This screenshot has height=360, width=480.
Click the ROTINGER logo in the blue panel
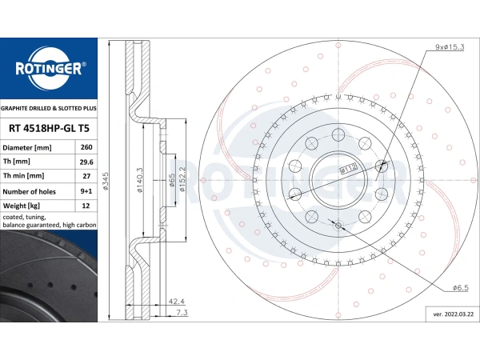pos(49,69)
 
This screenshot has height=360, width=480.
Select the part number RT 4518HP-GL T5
pos(49,128)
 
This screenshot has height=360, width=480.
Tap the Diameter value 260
pos(86,147)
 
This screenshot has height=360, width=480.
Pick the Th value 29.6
pos(86,162)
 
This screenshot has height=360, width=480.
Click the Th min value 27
pos(86,176)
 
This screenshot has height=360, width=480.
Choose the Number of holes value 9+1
pos(86,191)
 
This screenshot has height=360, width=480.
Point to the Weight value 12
pos(86,206)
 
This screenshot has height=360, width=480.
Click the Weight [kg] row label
pos(21,206)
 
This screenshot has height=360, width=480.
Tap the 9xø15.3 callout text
pos(450,47)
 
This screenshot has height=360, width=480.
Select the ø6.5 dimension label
pos(461,288)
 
